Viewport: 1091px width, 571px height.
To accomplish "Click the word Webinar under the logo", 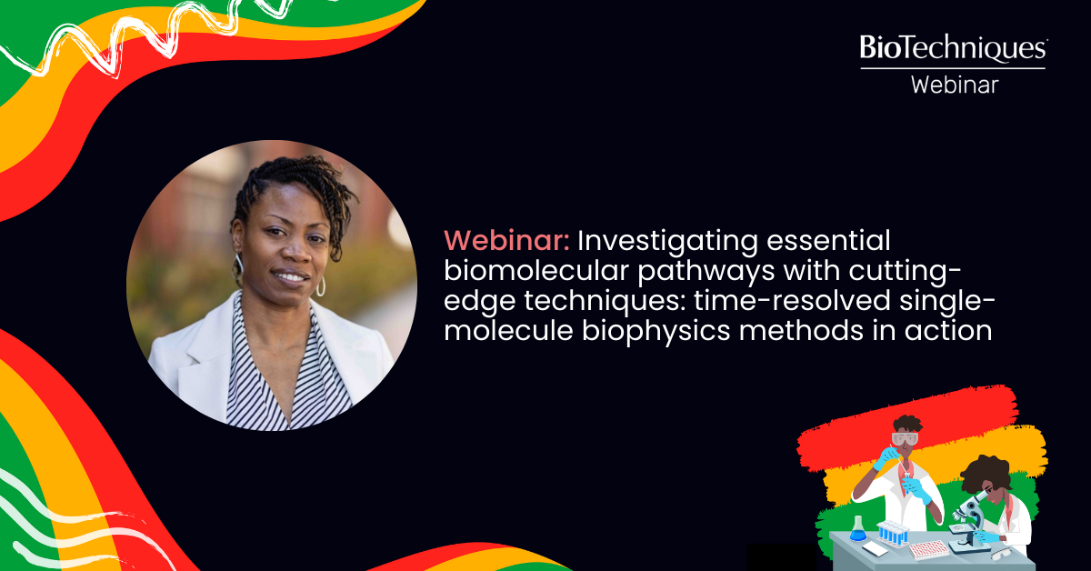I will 954,85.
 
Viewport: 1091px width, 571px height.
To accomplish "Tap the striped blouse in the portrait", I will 273,382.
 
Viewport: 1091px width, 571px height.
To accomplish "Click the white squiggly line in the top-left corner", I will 55,45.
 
